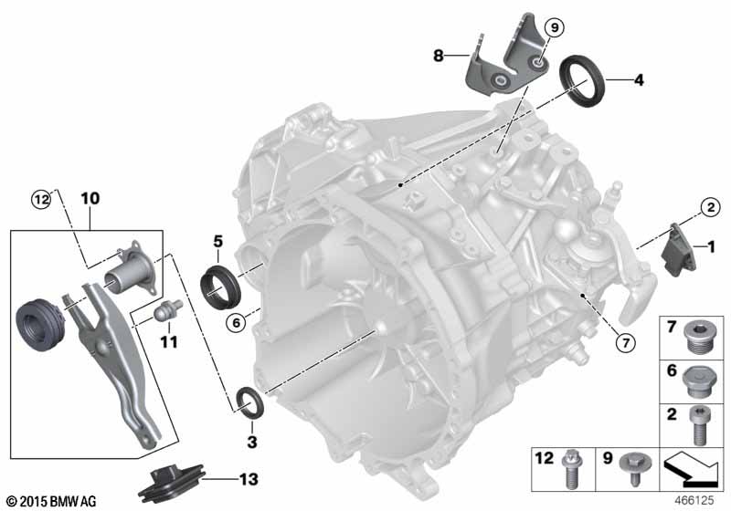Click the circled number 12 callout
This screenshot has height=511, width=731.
tap(38, 197)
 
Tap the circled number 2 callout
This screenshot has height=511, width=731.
tap(708, 207)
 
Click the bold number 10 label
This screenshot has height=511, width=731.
tap(89, 197)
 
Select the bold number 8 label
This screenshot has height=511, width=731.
tap(440, 56)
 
